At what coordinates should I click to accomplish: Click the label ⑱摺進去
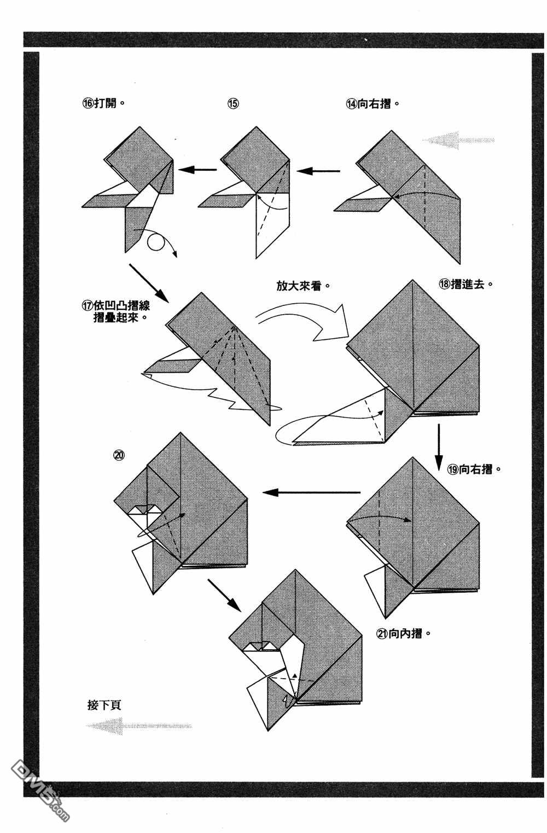click(x=465, y=284)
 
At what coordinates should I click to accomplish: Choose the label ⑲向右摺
click(x=474, y=469)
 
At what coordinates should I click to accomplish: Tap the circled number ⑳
click(x=119, y=454)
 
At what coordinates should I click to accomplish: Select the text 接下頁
click(x=104, y=704)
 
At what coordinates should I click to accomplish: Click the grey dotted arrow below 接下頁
click(x=139, y=726)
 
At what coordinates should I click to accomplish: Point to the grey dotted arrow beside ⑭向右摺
click(x=458, y=140)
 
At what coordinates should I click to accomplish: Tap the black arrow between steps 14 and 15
click(x=318, y=171)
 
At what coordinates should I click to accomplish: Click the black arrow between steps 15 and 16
click(x=197, y=170)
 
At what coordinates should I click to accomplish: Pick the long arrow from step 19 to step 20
click(x=311, y=493)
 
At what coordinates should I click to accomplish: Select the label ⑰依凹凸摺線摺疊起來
click(x=115, y=311)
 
